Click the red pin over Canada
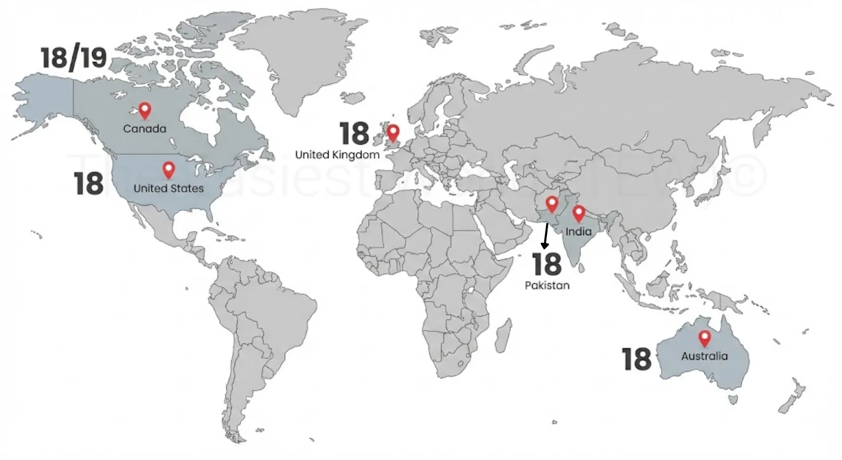[x=145, y=110]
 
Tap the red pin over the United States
[x=168, y=170]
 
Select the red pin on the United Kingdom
[x=393, y=132]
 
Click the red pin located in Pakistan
[x=552, y=203]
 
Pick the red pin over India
[x=578, y=213]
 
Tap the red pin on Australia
[x=704, y=338]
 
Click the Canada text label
[x=145, y=129]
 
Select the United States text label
[x=168, y=188]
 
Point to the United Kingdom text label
[x=337, y=155]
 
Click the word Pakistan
[x=547, y=285]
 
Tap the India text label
[x=578, y=231]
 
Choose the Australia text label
[x=704, y=356]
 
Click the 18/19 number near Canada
[x=74, y=57]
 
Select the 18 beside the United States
[x=89, y=183]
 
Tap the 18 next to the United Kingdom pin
[x=355, y=134]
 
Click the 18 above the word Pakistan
[x=547, y=264]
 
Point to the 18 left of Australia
[x=636, y=359]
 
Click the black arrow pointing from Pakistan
[x=545, y=236]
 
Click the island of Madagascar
[x=503, y=335]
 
